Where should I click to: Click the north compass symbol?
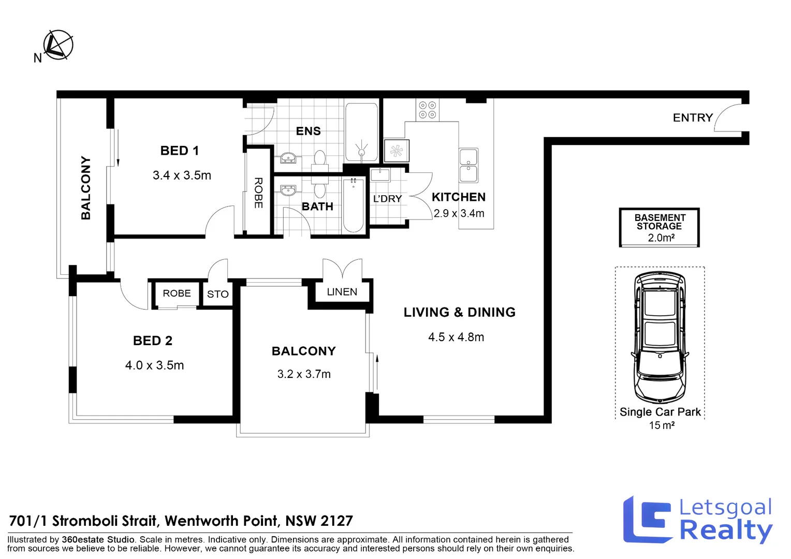57,45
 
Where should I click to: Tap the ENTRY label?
693,118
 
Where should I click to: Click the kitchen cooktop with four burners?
428,110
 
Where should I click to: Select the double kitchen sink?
468,166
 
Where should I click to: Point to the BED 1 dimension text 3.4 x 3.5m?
182,175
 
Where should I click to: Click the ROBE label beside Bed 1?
258,193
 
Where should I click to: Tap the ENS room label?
308,131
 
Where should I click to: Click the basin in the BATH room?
288,190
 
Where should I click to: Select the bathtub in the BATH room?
354,205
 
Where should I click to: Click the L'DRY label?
387,199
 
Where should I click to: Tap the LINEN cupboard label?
342,292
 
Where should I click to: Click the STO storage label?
217,295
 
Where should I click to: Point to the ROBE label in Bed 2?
177,293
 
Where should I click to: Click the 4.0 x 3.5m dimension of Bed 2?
154,365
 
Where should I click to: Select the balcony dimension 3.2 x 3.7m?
304,374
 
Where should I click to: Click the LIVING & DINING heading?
459,313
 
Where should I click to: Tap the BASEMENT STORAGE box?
660,228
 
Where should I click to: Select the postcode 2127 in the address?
336,521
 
